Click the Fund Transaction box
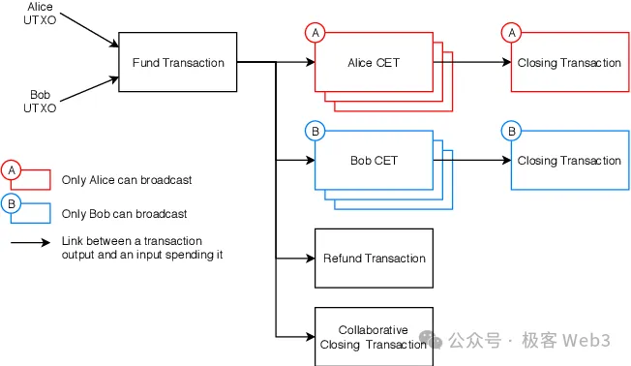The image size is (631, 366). click(178, 63)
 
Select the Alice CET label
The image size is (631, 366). click(374, 63)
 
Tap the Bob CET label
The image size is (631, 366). click(374, 161)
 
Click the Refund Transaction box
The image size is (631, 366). click(374, 259)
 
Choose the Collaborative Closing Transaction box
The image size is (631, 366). click(374, 336)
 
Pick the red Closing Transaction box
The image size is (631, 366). click(569, 63)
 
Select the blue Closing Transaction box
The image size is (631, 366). click(569, 161)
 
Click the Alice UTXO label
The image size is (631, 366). click(41, 14)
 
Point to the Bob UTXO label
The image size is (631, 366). click(41, 101)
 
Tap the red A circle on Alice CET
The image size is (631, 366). click(315, 33)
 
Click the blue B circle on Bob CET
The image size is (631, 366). click(315, 131)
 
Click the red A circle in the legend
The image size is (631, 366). click(12, 170)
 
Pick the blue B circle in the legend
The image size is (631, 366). click(12, 203)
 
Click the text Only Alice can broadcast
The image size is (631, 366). click(126, 180)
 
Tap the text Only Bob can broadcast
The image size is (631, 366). click(124, 213)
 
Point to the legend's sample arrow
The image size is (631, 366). click(30, 241)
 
